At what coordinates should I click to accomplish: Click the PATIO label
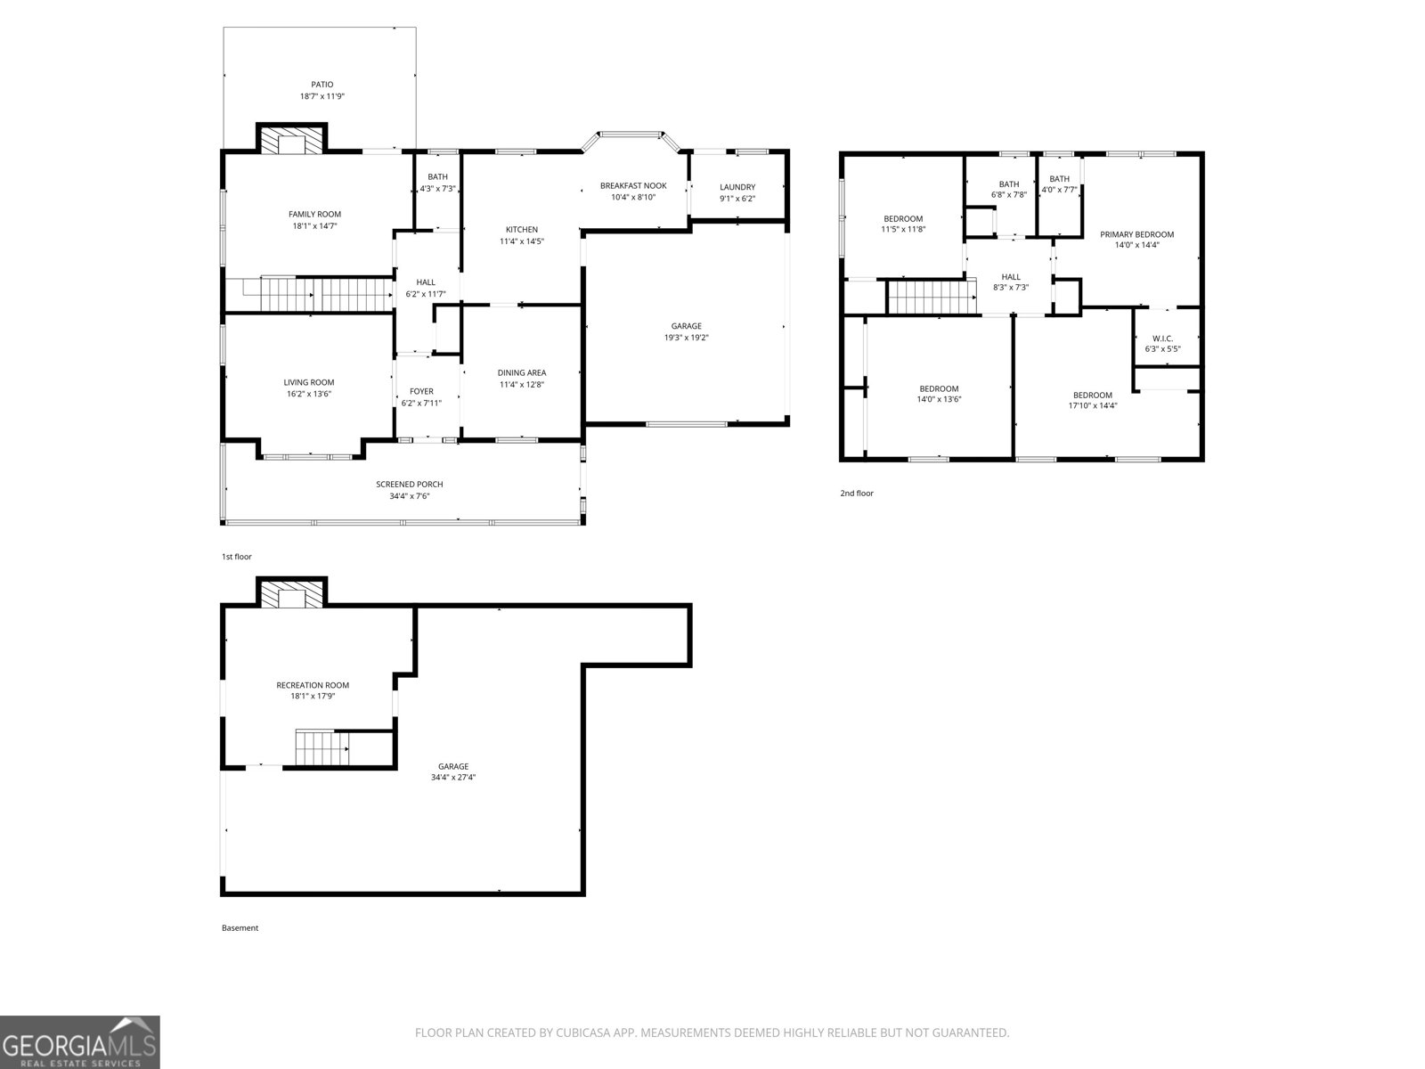[x=322, y=85]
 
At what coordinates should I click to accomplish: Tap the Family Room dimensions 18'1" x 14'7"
[x=314, y=226]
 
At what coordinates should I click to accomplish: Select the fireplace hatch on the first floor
[x=291, y=143]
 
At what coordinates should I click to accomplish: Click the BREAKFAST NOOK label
[x=632, y=185]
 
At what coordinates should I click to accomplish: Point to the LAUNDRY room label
[x=737, y=187]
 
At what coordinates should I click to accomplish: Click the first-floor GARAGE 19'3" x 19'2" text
[x=686, y=338]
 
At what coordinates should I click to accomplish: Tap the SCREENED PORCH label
[x=409, y=485]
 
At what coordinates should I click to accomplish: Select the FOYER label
[x=421, y=391]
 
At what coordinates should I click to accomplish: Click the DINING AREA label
[x=521, y=372]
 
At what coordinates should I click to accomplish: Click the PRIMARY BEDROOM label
[x=1136, y=234]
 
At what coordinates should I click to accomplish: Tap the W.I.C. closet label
[x=1162, y=339]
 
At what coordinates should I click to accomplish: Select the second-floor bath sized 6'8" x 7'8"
[x=1008, y=190]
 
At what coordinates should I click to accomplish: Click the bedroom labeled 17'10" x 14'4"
[x=1092, y=400]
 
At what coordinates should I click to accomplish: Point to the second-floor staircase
[x=928, y=297]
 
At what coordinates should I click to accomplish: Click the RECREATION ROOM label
[x=313, y=685]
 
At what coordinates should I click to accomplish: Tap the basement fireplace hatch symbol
[x=291, y=597]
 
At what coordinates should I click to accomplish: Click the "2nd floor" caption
[x=857, y=493]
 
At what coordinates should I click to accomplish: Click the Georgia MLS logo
[x=79, y=1041]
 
